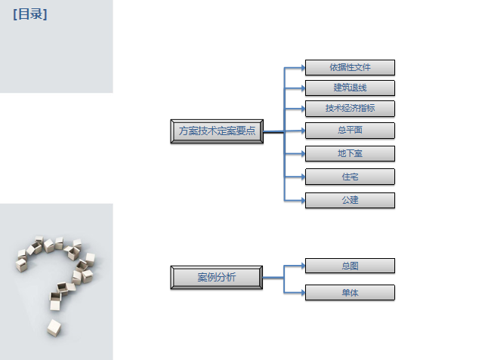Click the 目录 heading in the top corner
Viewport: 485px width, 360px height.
click(x=29, y=14)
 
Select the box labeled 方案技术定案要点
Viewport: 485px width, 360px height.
click(x=217, y=131)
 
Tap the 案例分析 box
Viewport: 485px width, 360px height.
click(x=217, y=277)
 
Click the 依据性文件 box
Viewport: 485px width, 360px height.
click(x=350, y=67)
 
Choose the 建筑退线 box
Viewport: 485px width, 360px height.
click(x=350, y=88)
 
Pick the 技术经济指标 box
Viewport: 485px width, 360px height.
click(x=350, y=108)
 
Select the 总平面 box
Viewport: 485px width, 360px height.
click(x=350, y=130)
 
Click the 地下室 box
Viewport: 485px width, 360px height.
click(x=350, y=153)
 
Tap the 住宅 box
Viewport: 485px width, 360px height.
click(x=350, y=177)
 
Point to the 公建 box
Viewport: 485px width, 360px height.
click(x=350, y=200)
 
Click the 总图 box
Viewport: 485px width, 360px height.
click(x=350, y=266)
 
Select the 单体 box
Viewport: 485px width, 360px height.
click(x=350, y=292)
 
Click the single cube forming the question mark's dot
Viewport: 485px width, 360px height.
click(x=54, y=327)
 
